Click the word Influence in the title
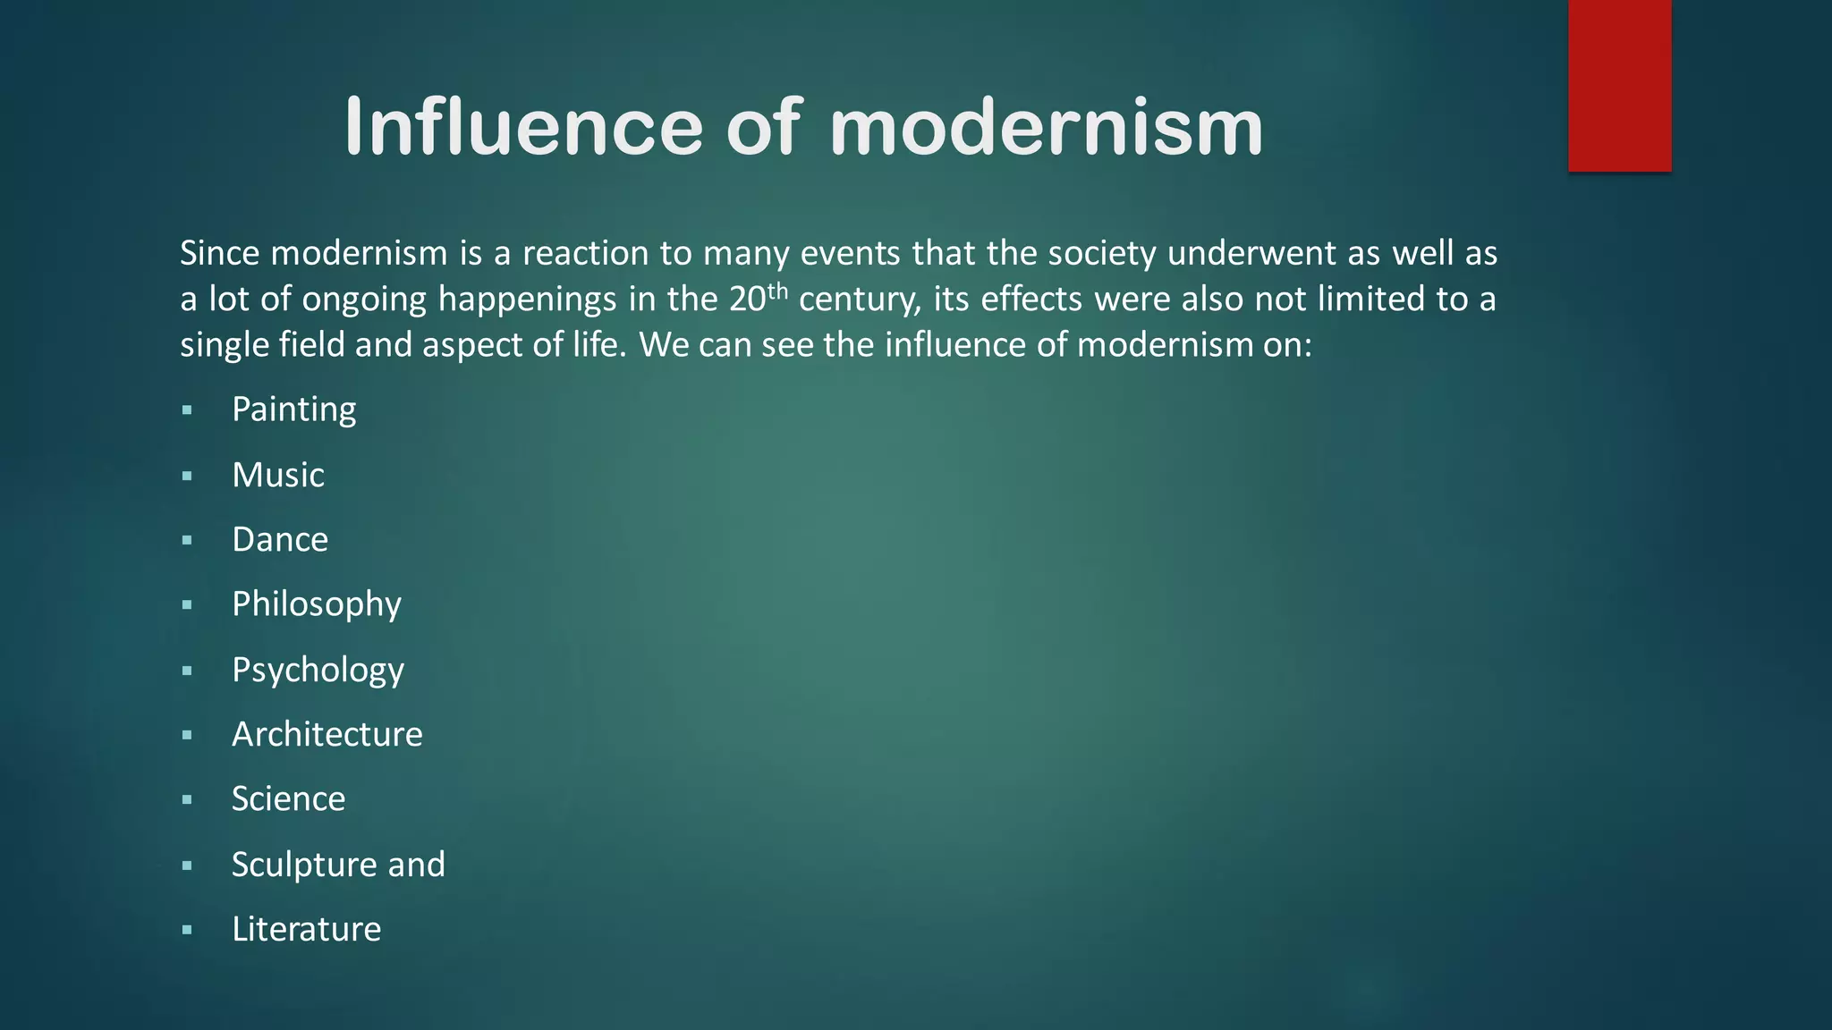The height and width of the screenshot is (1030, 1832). [x=523, y=127]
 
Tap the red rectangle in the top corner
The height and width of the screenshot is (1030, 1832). [x=1619, y=85]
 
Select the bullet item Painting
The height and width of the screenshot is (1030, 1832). [x=293, y=409]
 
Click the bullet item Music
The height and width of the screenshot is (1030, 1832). [x=277, y=475]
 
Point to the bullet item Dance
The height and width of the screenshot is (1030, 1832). [x=279, y=540]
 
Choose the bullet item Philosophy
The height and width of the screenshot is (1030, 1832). [x=316, y=604]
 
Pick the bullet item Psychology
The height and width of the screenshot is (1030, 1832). [x=318, y=670]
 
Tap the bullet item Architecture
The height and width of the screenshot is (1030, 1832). [x=327, y=734]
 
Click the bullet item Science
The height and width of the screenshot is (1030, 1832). [x=288, y=799]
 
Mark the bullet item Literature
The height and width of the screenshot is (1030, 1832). [x=306, y=929]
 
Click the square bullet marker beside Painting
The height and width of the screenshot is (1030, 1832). [x=187, y=410]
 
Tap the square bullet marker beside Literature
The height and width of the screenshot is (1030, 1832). [x=187, y=930]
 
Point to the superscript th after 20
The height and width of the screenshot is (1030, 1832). [x=777, y=290]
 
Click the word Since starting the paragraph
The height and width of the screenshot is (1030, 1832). [x=219, y=253]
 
